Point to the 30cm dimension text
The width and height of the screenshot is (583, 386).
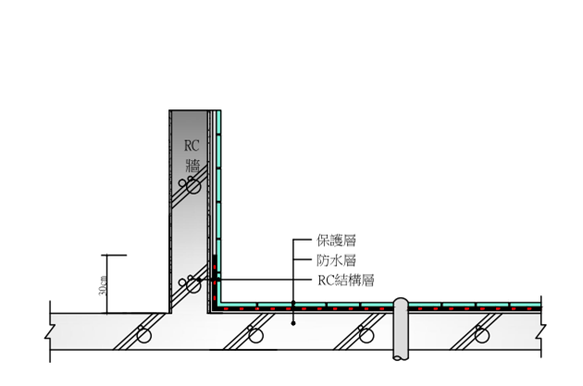tap(103, 284)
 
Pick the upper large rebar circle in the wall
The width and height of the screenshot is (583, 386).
tap(193, 186)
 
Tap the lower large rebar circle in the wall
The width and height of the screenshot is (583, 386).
tap(193, 284)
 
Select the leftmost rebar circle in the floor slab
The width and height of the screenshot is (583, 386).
tap(145, 335)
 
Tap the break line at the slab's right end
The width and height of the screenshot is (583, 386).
tap(542, 330)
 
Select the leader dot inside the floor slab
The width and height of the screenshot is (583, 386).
tap(293, 323)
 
